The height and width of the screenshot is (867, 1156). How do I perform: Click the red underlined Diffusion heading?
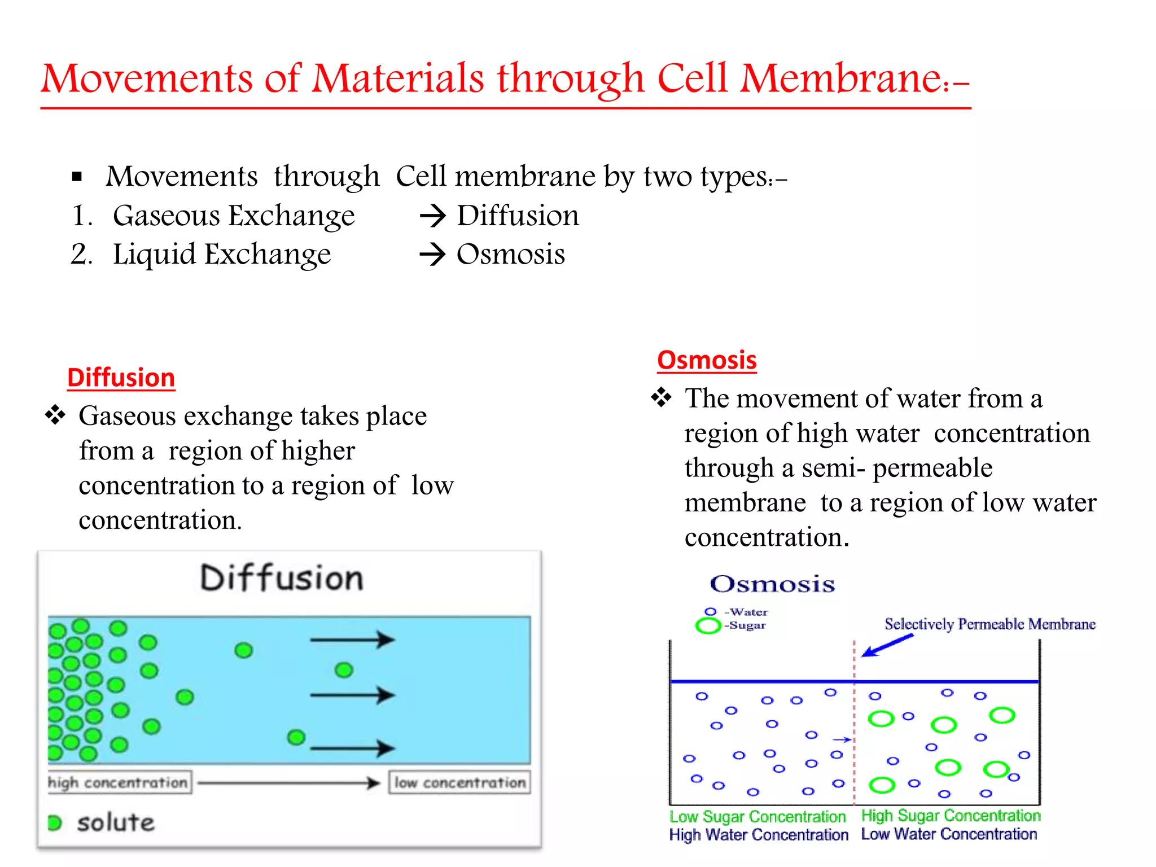[x=121, y=378]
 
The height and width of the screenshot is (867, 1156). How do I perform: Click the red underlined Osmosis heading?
[x=706, y=360]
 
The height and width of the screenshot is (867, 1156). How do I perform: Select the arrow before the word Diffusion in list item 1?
[x=433, y=216]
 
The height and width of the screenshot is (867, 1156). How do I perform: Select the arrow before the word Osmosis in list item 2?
[x=433, y=255]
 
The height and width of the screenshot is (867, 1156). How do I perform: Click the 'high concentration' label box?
[x=119, y=783]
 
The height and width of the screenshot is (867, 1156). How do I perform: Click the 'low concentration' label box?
[x=459, y=783]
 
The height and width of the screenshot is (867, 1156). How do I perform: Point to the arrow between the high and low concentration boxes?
[x=289, y=783]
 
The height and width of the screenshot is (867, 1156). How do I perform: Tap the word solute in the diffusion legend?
[x=116, y=823]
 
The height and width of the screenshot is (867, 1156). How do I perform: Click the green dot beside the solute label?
[x=55, y=823]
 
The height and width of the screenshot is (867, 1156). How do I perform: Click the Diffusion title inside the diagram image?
[x=282, y=579]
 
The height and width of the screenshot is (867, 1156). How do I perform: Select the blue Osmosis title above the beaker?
[x=772, y=584]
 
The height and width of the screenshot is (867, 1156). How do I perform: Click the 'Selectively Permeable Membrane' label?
[x=989, y=624]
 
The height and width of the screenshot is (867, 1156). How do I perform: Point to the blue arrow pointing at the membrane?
[x=888, y=645]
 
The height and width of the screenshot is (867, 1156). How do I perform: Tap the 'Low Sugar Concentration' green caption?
[x=757, y=817]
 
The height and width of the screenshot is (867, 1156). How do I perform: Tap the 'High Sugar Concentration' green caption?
[x=951, y=816]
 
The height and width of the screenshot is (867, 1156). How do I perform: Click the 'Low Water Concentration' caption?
[x=949, y=834]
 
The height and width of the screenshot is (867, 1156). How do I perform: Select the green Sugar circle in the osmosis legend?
[x=708, y=625]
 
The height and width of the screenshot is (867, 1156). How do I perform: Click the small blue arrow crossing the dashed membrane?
[x=842, y=739]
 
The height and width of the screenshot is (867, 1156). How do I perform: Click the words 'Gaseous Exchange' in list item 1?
[x=234, y=216]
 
